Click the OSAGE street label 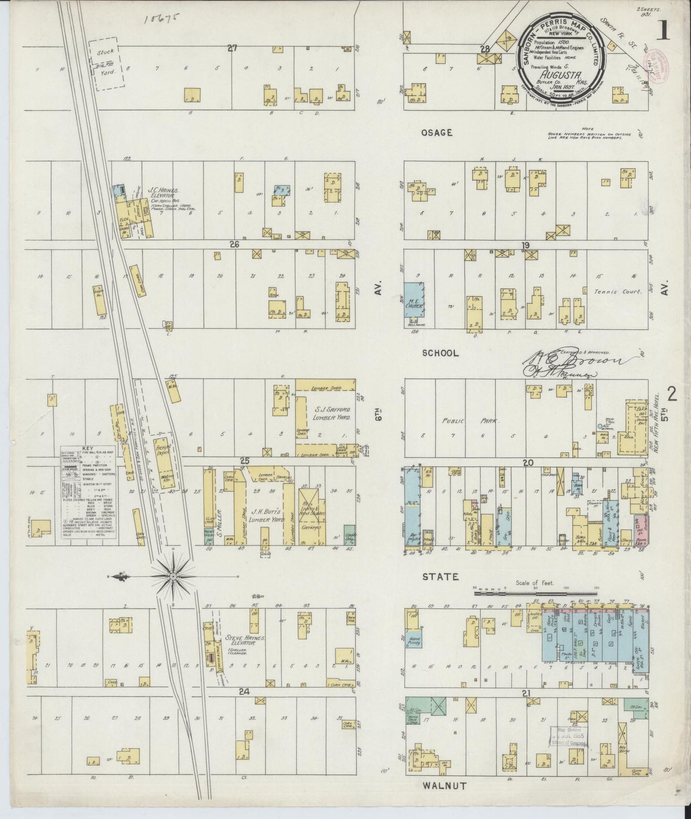pyautogui.click(x=436, y=132)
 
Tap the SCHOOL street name pyautogui.click(x=440, y=353)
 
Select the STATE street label pyautogui.click(x=440, y=577)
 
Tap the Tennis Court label pyautogui.click(x=618, y=291)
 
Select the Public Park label pyautogui.click(x=469, y=421)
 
